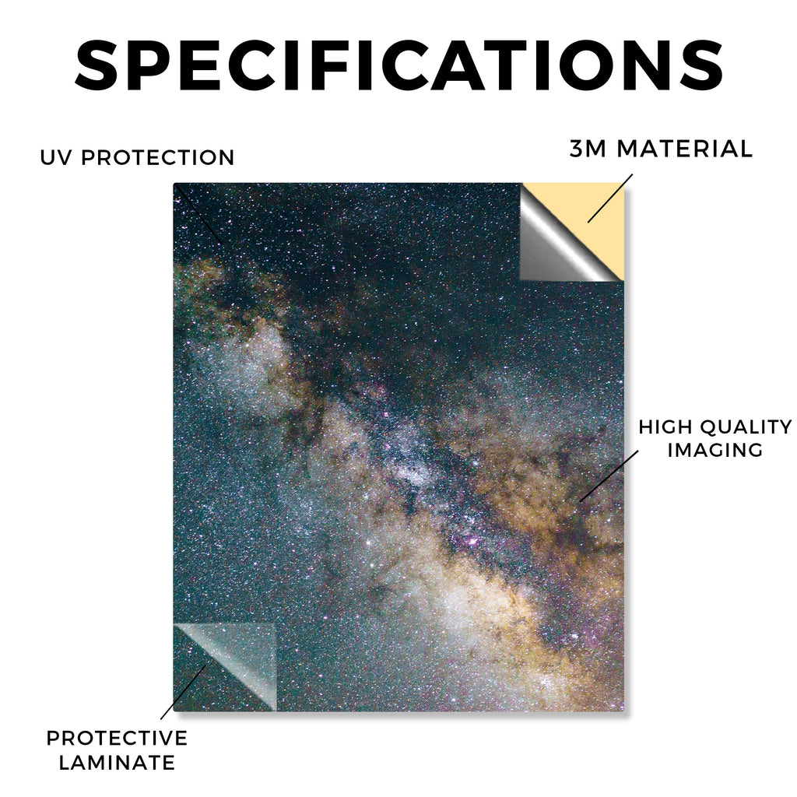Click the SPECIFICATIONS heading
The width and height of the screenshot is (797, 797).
click(x=399, y=65)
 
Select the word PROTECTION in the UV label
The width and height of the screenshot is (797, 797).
click(x=157, y=157)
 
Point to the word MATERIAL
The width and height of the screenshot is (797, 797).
click(x=684, y=149)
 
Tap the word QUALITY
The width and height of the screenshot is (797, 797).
click(x=746, y=427)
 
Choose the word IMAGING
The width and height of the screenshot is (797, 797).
click(x=715, y=450)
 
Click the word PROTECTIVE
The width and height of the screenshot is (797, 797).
click(x=117, y=738)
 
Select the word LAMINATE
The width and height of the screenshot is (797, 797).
click(x=117, y=763)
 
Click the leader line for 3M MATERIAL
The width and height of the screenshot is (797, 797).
click(x=610, y=198)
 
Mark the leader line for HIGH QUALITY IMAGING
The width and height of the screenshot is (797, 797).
click(x=609, y=476)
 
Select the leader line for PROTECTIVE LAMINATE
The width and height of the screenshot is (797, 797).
click(x=184, y=692)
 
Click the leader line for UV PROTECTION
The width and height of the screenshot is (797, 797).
click(x=198, y=213)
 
